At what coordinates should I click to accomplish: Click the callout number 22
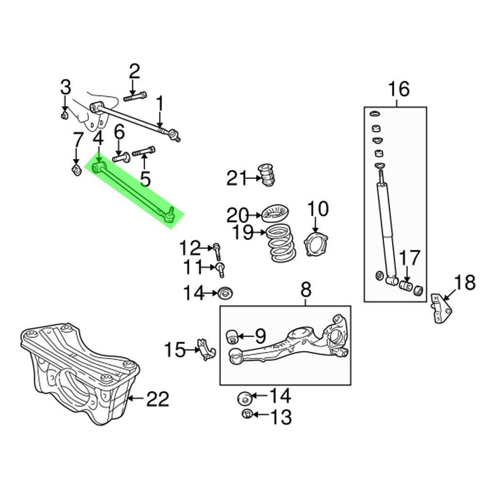[x=158, y=400]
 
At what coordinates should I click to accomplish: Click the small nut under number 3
[x=65, y=114]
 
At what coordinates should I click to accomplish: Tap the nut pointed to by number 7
[x=76, y=170]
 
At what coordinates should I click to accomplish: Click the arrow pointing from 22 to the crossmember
[x=136, y=400]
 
